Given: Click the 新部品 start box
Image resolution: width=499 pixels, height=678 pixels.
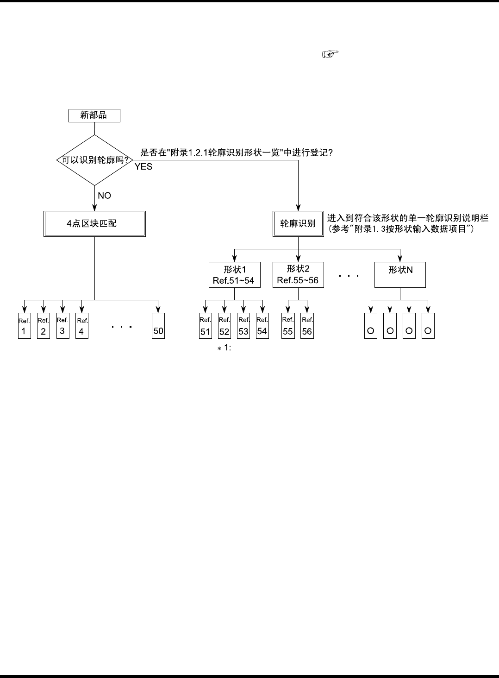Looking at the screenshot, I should point(94,115).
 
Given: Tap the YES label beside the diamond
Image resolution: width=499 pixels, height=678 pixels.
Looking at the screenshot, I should point(143,167).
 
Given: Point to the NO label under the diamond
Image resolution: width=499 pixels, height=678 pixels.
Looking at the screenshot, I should point(104,196).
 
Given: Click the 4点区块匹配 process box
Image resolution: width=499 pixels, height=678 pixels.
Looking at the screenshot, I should point(94,224).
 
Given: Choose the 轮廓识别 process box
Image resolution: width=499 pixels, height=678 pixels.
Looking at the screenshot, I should point(298,224).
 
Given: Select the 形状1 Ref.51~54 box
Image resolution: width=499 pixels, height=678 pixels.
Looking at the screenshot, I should point(234,275).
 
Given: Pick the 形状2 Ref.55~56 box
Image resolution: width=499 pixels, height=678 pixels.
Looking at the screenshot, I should point(298,275).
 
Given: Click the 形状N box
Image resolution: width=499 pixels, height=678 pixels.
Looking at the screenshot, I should point(400,275).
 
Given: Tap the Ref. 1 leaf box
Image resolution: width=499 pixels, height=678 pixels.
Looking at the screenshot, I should point(24,326).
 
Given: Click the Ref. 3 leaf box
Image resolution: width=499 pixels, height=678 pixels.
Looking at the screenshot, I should point(62,326).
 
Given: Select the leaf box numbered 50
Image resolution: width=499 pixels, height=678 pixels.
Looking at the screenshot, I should point(158,326).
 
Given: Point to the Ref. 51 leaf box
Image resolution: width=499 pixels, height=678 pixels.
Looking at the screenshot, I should point(205,326).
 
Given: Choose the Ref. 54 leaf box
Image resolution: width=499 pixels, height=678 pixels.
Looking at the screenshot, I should point(262,326).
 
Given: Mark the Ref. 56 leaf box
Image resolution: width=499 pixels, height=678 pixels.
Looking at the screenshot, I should point(307,326).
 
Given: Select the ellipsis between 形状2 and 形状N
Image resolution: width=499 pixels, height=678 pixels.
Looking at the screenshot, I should point(349,276).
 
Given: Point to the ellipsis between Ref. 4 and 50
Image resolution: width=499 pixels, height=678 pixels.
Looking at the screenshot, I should point(122,327).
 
